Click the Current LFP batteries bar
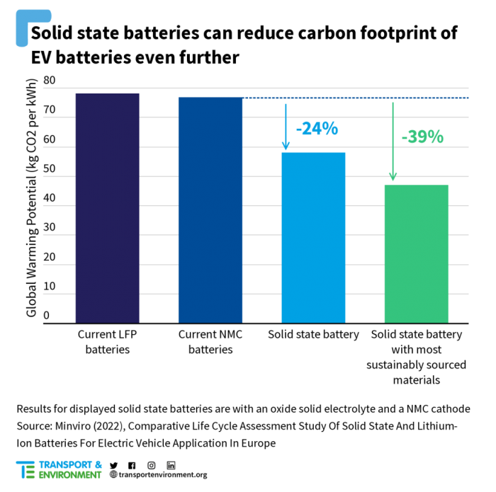108,208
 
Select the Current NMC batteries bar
210,210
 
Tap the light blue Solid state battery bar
313,238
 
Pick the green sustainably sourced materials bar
416,254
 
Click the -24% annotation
317,129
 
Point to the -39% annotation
422,137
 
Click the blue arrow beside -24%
286,127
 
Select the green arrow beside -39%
393,142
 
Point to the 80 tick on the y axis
50,81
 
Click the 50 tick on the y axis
50,169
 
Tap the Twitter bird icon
113,465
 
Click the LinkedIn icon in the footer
171,465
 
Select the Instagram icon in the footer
152,465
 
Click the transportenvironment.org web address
162,475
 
